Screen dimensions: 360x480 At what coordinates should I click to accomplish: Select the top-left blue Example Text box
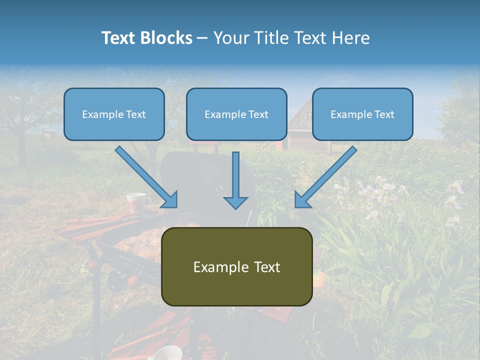114,114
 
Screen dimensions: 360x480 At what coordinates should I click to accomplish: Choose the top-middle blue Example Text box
236,114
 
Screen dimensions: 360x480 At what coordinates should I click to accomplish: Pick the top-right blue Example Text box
362,114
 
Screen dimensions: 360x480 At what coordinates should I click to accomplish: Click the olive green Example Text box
236,267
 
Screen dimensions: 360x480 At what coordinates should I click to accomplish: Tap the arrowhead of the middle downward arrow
236,202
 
